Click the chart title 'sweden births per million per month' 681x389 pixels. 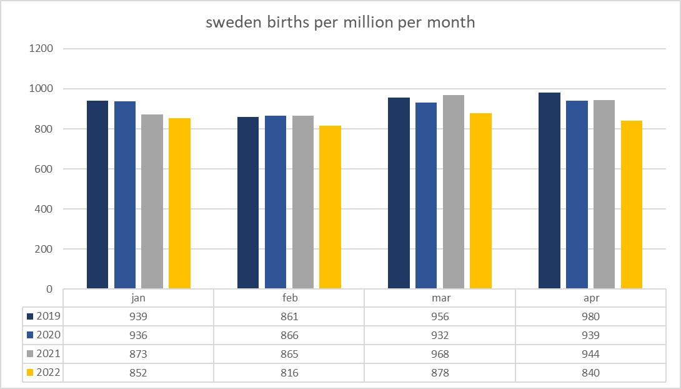click(340, 23)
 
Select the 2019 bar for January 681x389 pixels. click(97, 194)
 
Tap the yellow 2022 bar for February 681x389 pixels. click(330, 207)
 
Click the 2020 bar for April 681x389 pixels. click(577, 194)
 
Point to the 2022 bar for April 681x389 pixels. click(632, 205)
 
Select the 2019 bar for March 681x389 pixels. click(399, 193)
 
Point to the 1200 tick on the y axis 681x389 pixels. click(41, 49)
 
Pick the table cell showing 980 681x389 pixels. click(590, 316)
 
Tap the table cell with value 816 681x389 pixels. click(289, 373)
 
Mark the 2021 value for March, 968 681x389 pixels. click(440, 354)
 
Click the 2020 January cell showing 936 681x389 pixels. click(138, 335)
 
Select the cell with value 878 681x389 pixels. click(440, 373)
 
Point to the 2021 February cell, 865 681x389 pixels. click(289, 354)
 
